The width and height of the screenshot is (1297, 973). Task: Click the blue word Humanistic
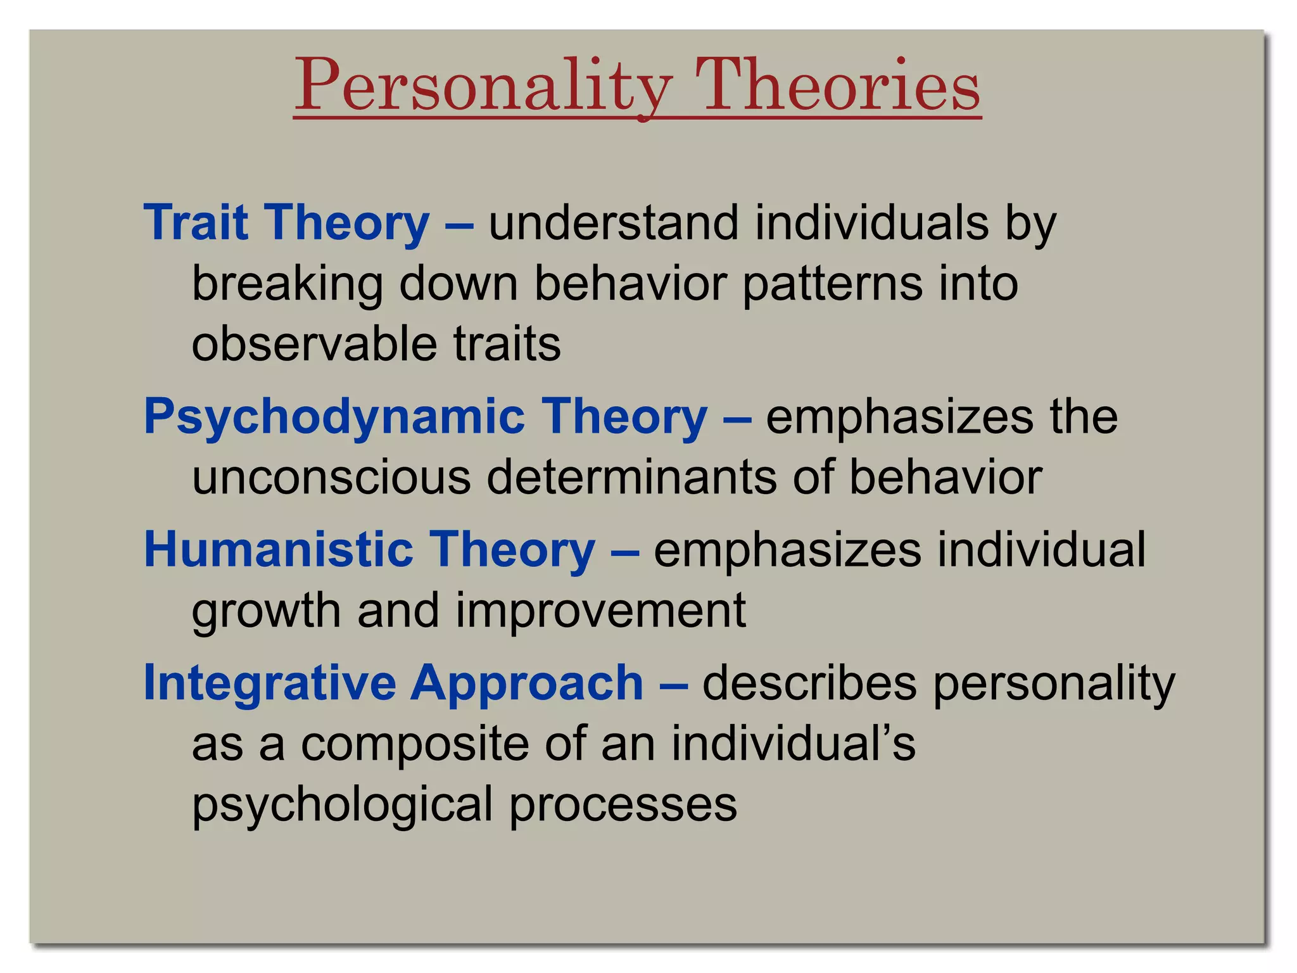tap(279, 549)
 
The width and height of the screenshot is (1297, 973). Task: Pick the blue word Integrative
tap(269, 683)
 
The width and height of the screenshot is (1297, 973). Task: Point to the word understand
tap(614, 223)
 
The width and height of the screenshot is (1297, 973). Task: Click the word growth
tap(266, 611)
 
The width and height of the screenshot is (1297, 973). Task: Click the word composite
tap(414, 744)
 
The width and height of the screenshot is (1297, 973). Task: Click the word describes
tap(809, 683)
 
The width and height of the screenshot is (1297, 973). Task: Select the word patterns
tap(832, 284)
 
